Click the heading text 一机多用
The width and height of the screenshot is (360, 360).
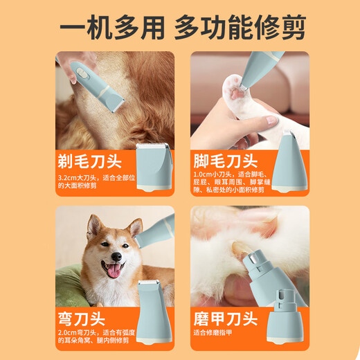pyautogui.click(x=111, y=28)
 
